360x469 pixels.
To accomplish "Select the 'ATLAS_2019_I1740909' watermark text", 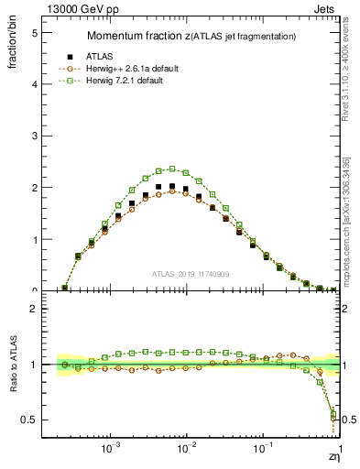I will [x=191, y=274].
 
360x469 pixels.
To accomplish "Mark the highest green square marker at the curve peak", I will [x=172, y=169].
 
